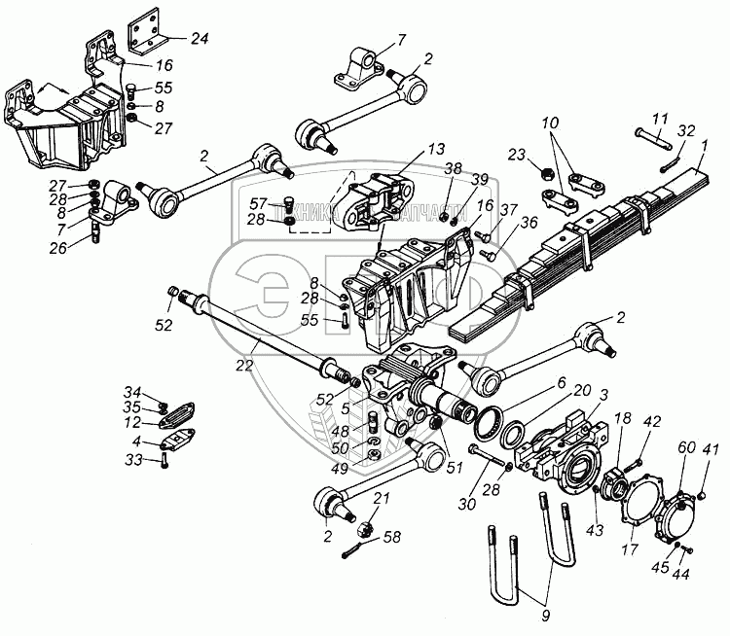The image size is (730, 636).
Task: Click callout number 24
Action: click(200, 40)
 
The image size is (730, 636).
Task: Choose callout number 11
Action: click(660, 119)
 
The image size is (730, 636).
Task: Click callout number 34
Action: click(132, 392)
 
